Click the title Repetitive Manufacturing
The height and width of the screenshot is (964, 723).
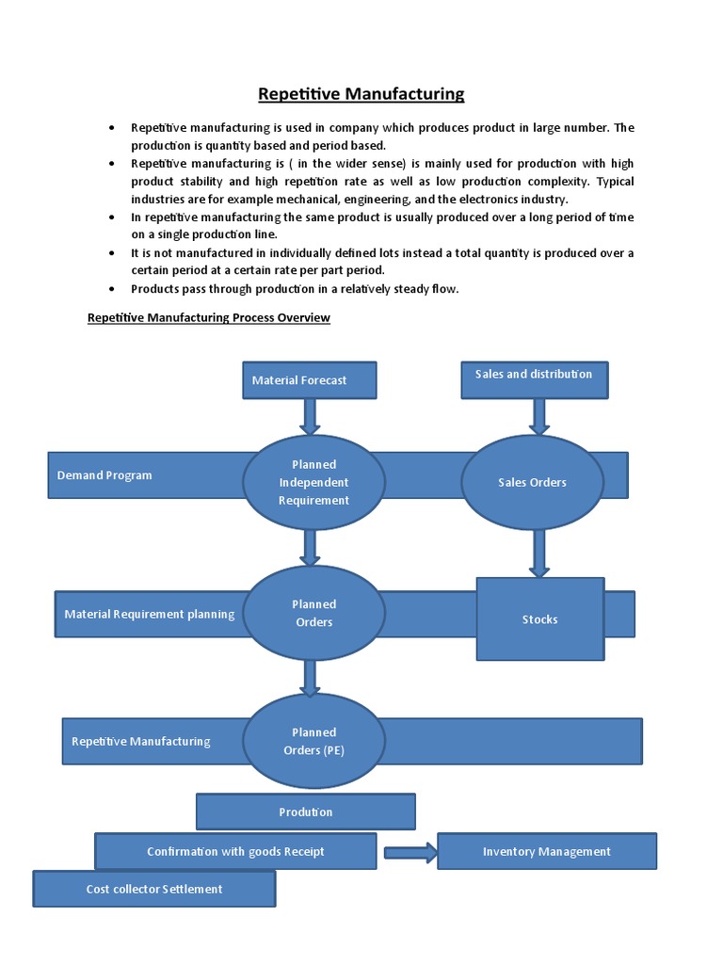click(x=361, y=93)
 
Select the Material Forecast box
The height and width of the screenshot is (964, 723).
click(x=309, y=380)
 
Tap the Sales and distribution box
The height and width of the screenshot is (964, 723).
click(x=534, y=379)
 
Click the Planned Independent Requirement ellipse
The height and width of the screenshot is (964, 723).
click(x=313, y=482)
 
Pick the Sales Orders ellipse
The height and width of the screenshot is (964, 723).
click(x=532, y=482)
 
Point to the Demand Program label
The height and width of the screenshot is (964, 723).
click(x=104, y=475)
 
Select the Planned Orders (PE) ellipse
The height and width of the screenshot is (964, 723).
click(x=313, y=741)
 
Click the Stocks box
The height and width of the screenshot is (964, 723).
click(x=539, y=619)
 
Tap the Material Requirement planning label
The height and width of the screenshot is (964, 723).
click(x=149, y=614)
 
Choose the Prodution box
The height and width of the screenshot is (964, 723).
click(x=305, y=811)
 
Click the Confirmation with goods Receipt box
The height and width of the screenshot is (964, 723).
click(x=235, y=851)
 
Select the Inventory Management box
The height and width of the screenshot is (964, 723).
click(x=546, y=851)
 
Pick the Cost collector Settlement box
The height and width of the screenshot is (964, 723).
click(x=154, y=889)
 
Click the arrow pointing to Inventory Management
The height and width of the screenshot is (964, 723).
click(x=410, y=853)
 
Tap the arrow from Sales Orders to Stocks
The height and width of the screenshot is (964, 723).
click(x=538, y=553)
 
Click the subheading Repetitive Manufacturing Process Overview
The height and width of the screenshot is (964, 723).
click(x=209, y=317)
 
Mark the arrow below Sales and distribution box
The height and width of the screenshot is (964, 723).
click(x=539, y=416)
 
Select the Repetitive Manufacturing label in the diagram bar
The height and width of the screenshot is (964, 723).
click(x=141, y=741)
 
